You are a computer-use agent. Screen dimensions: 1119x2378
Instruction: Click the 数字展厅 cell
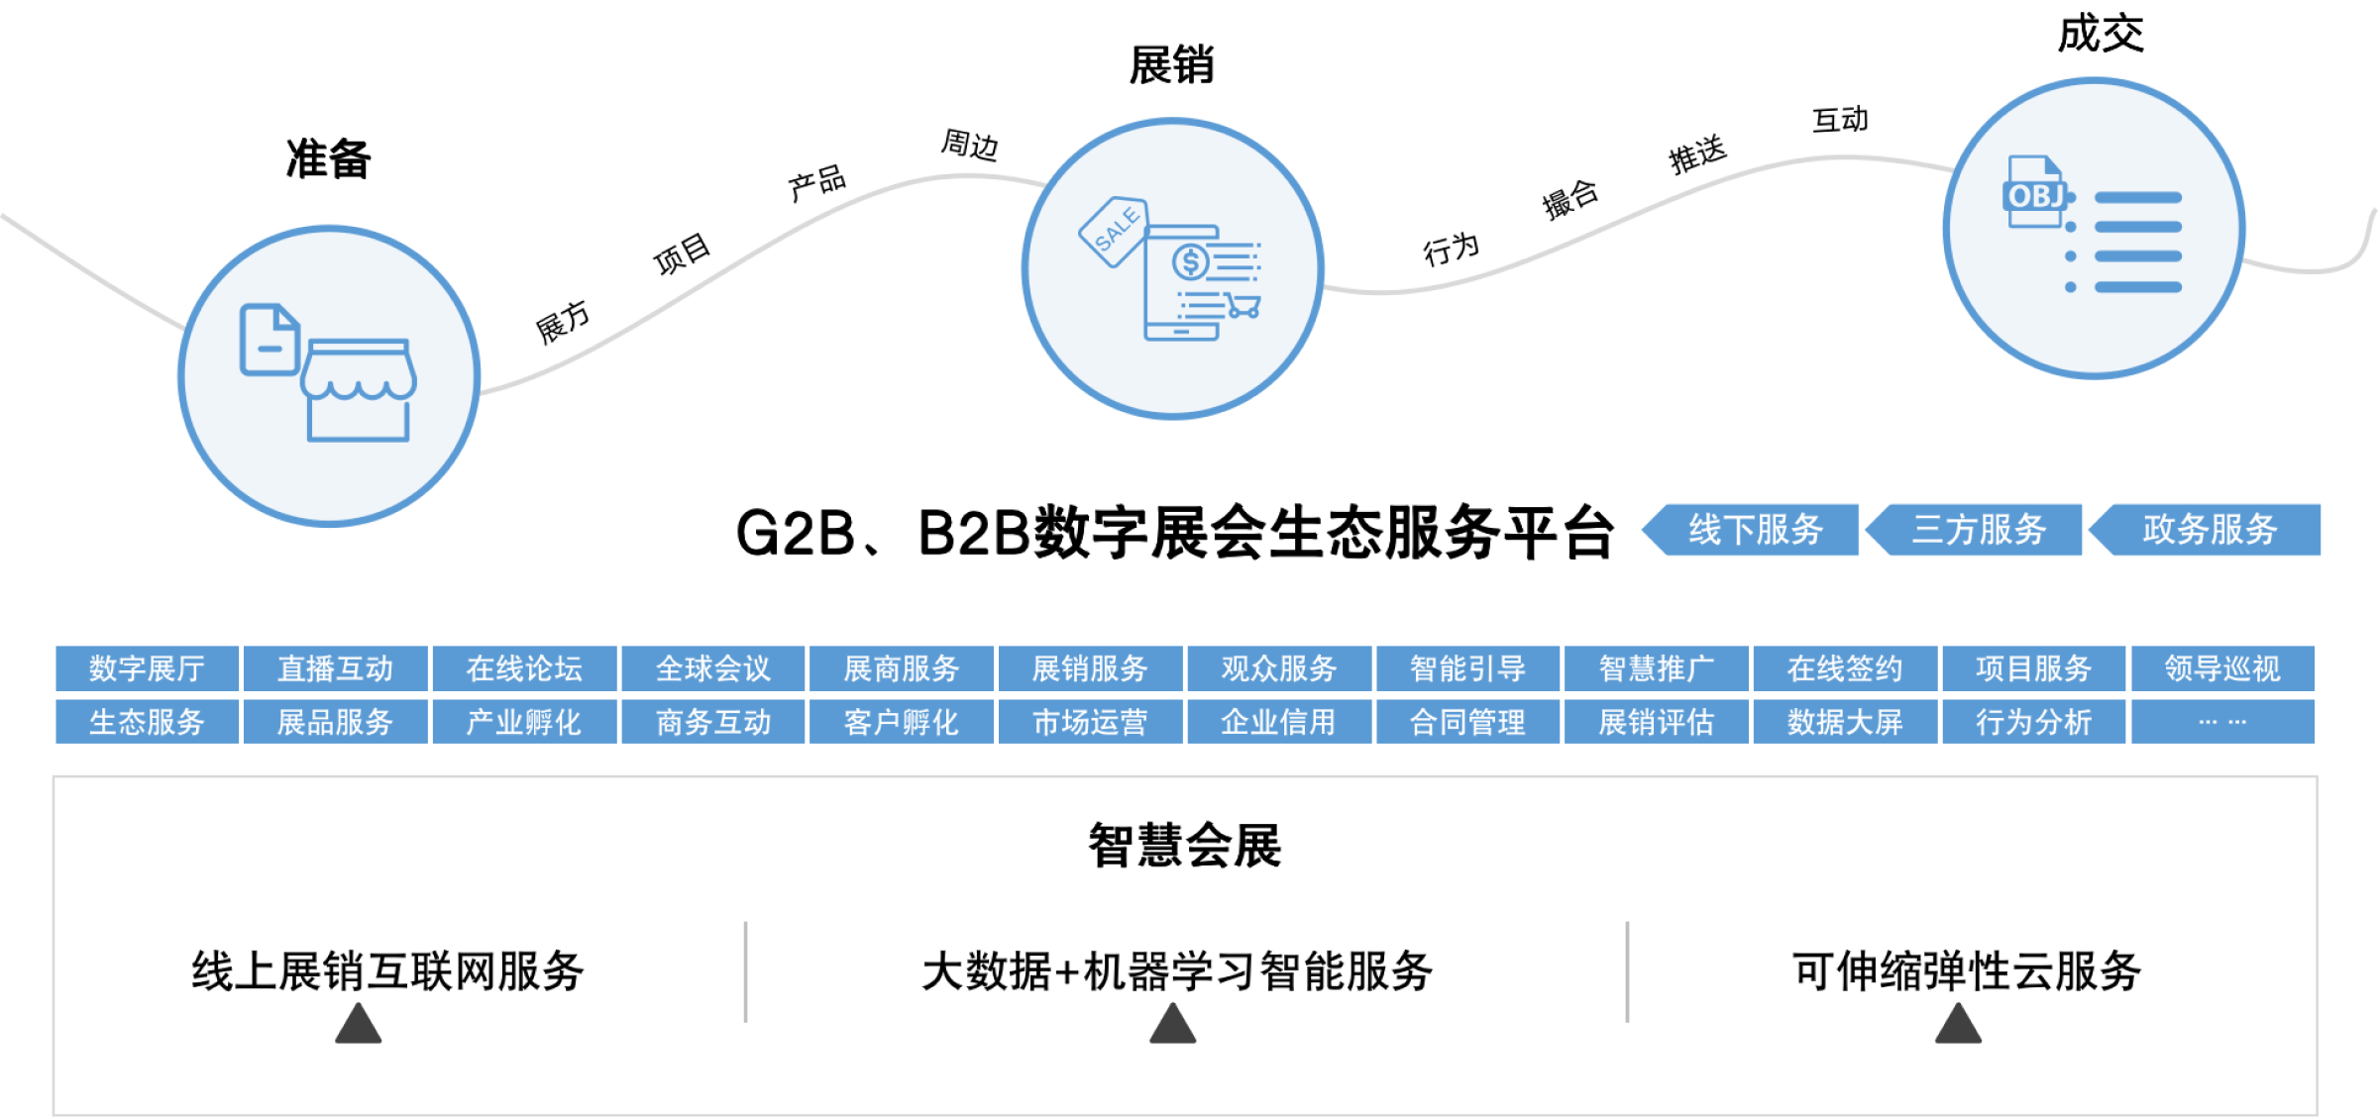[x=147, y=668]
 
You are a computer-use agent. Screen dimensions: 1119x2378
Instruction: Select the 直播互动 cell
[x=336, y=668]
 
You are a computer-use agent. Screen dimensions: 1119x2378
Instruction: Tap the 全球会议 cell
[x=713, y=668]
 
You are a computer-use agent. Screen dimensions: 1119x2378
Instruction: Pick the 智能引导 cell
[x=1467, y=668]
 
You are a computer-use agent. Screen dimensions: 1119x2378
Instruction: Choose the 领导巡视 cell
[x=2222, y=668]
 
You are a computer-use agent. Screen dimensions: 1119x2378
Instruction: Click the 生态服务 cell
[x=147, y=722]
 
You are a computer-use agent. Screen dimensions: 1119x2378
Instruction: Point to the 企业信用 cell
[x=1278, y=722]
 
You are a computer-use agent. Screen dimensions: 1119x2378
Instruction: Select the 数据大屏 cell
[x=1845, y=722]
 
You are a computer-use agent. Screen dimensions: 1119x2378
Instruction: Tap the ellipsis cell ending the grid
[x=2222, y=722]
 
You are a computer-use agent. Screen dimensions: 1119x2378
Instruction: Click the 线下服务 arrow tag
[x=1755, y=530]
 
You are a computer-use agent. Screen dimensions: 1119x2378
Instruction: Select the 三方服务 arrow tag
[x=1979, y=530]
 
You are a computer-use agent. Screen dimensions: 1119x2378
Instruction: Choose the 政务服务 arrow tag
[x=2210, y=530]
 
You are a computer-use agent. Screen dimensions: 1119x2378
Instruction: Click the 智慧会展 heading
[x=1185, y=846]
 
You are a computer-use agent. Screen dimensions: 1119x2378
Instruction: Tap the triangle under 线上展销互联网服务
[x=358, y=1024]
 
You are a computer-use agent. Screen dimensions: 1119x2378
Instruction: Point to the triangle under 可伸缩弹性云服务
[x=1958, y=1024]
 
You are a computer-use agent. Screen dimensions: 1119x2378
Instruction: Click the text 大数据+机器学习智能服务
[x=1177, y=971]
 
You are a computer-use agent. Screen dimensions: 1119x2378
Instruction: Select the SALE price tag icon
[x=1114, y=231]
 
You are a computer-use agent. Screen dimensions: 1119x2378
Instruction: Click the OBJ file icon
[x=2035, y=194]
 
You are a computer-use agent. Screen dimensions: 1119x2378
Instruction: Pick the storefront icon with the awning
[x=358, y=390]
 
